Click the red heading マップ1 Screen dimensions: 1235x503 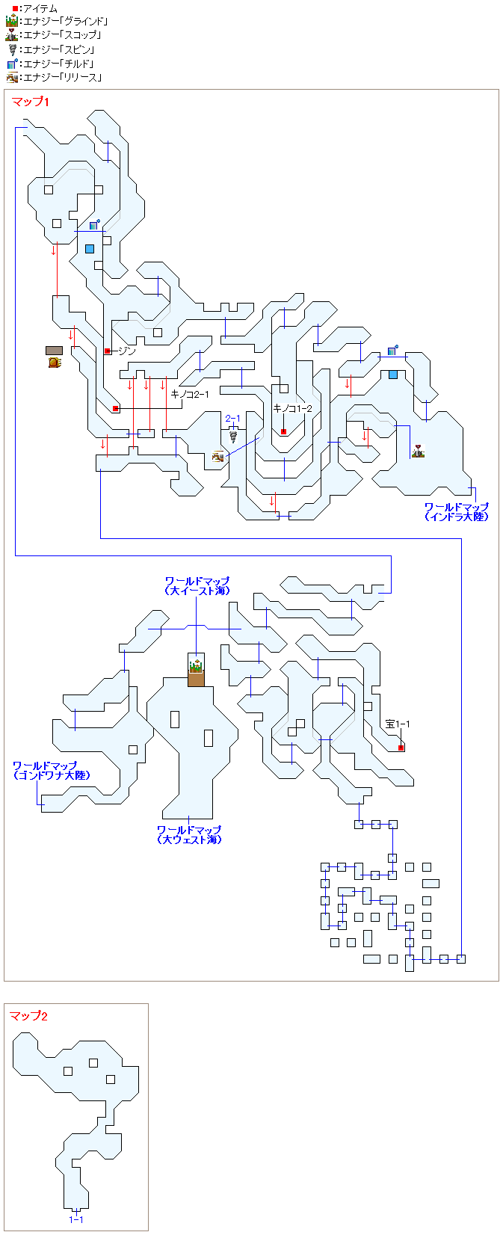[30, 102]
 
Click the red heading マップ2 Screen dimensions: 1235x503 [28, 1016]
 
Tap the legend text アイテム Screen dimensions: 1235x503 [40, 8]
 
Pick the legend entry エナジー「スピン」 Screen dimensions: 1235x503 [59, 49]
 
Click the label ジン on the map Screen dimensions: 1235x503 [127, 351]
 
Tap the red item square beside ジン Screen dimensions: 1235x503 [108, 351]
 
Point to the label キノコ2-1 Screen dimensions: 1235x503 [190, 394]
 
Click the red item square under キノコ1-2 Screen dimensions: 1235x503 [284, 431]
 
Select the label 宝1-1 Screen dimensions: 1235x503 [398, 724]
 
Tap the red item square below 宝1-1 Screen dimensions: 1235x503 [401, 748]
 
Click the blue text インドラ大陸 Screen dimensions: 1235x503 [457, 517]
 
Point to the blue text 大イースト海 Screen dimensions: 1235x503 [197, 591]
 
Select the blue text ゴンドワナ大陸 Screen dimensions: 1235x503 [51, 775]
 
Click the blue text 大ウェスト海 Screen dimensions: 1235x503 [189, 840]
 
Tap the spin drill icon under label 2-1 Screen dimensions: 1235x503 [233, 437]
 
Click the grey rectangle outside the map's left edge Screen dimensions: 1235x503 [54, 350]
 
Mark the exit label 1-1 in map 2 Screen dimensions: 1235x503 [76, 1219]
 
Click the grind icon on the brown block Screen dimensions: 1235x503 [196, 666]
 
